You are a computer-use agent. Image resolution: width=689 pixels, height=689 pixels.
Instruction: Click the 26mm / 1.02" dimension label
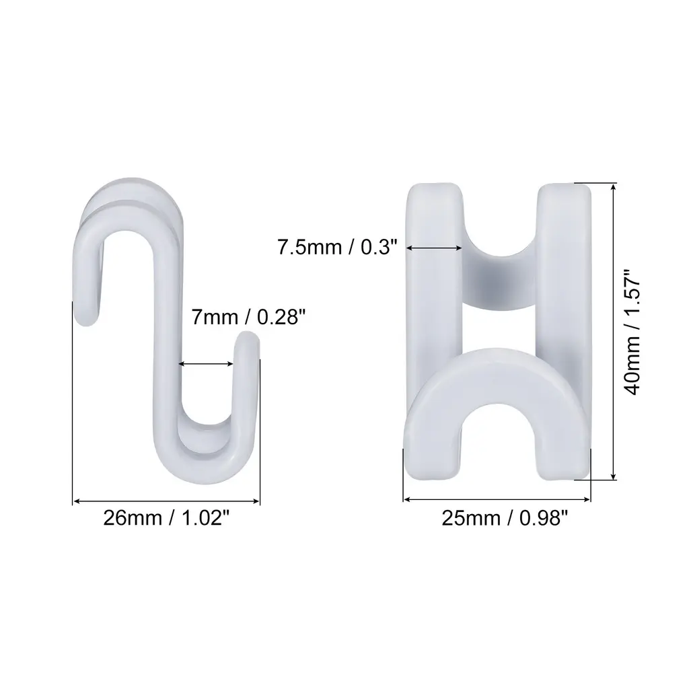[x=166, y=518]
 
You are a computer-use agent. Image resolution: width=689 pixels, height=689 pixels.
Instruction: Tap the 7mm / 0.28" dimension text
[x=248, y=317]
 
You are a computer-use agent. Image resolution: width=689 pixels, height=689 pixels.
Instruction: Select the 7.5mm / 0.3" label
[x=337, y=248]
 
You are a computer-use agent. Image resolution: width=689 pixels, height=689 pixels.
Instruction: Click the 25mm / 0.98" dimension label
[x=505, y=519]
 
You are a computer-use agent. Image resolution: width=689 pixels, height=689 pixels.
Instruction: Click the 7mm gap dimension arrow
[x=206, y=363]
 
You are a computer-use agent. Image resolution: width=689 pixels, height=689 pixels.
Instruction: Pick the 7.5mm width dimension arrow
[x=434, y=248]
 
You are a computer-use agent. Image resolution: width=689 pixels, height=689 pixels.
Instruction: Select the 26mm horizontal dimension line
[x=166, y=501]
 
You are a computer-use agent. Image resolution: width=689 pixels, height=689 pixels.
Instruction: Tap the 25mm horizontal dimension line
[x=497, y=499]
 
